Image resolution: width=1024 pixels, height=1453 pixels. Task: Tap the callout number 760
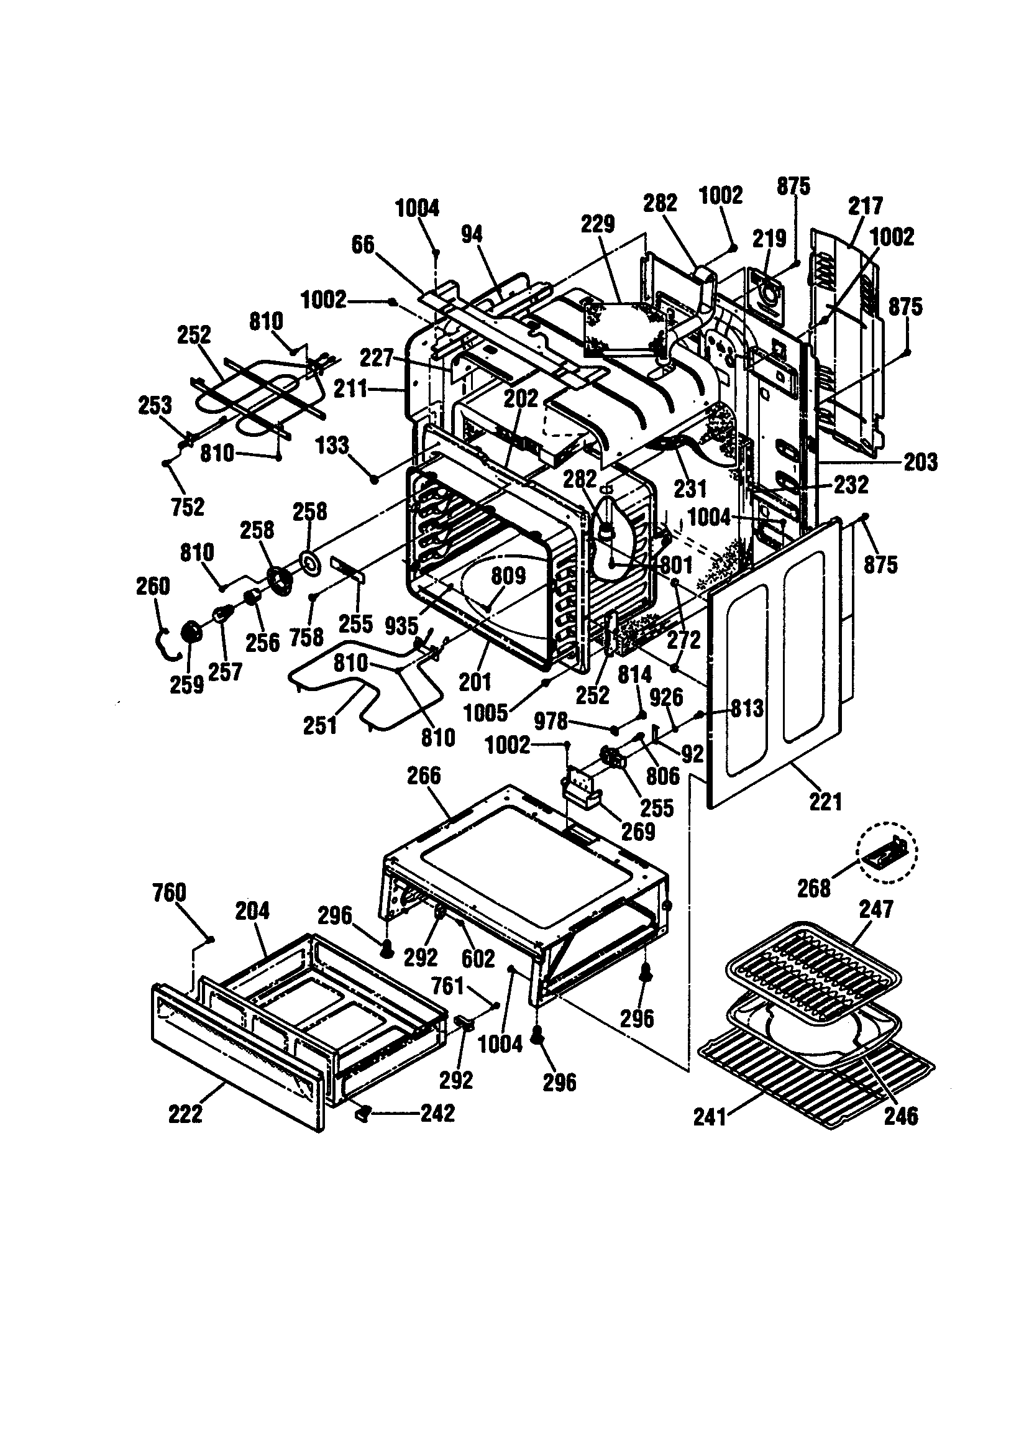[169, 893]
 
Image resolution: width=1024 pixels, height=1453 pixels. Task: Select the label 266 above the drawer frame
[423, 776]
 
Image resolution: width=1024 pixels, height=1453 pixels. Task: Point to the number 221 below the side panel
[826, 802]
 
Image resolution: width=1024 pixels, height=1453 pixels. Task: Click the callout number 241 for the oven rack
[710, 1117]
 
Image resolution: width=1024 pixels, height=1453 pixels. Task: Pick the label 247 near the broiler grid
[876, 909]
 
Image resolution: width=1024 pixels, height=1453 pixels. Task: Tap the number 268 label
[813, 889]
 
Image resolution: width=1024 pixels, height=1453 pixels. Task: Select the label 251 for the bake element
[319, 726]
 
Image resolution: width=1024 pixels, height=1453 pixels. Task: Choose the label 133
[332, 446]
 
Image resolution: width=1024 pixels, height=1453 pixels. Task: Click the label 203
[920, 462]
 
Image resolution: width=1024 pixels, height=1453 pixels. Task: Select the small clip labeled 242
[363, 1113]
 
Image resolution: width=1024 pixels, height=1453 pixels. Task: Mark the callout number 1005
[485, 713]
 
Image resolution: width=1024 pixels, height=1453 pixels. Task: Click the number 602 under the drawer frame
[478, 959]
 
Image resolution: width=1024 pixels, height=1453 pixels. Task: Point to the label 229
[598, 224]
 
